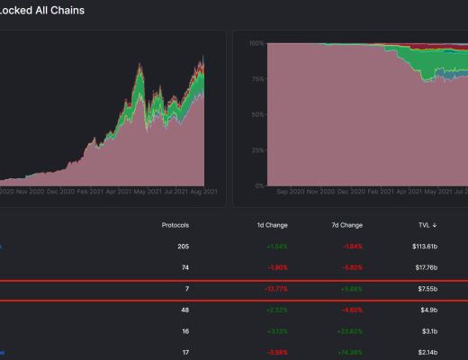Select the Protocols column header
(x=175, y=224)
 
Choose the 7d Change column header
(x=346, y=224)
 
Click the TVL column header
(x=424, y=224)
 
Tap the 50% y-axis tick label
(x=256, y=114)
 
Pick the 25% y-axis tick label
(x=256, y=149)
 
